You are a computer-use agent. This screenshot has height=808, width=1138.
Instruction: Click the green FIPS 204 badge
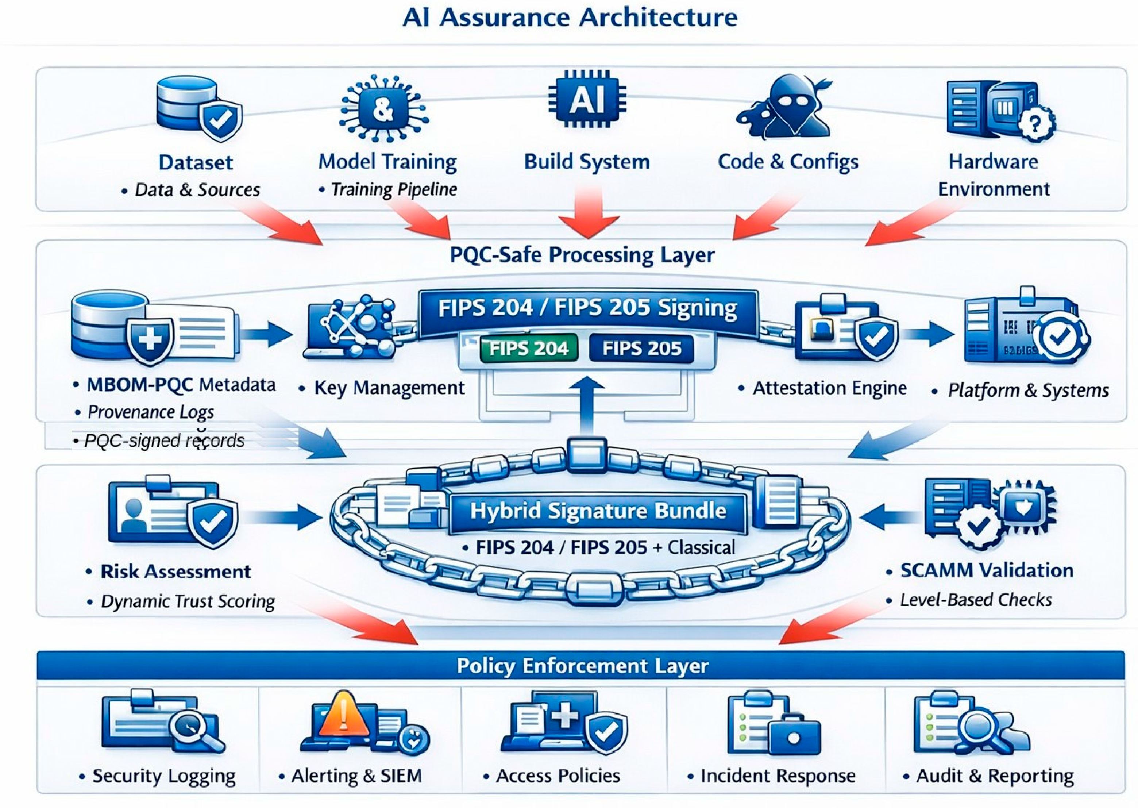click(529, 348)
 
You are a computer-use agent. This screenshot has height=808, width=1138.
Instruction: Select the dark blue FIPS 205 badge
click(642, 348)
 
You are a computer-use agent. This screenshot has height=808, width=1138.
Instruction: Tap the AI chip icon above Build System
click(587, 100)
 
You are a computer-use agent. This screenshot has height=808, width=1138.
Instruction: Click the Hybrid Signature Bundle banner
click(598, 511)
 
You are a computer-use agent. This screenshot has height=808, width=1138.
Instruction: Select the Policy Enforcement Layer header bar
click(581, 665)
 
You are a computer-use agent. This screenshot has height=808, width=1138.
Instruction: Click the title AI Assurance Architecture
click(570, 18)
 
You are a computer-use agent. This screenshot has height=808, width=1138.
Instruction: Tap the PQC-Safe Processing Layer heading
click(582, 255)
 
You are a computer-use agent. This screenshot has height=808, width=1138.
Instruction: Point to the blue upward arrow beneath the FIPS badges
click(587, 405)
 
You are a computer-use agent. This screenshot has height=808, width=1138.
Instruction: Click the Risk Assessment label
click(175, 572)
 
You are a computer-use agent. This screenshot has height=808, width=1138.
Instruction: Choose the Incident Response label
click(778, 776)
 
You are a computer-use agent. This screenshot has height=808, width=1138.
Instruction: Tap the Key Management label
click(389, 388)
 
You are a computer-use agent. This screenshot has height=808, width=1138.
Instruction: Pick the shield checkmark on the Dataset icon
click(220, 119)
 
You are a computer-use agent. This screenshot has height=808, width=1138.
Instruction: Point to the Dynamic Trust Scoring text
click(188, 601)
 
